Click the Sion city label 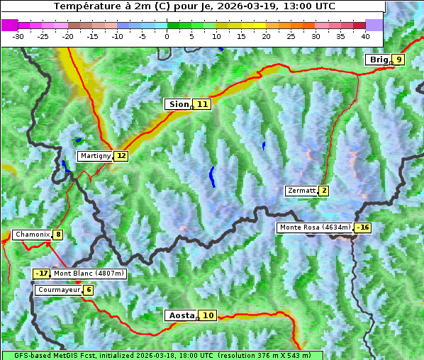[x=178, y=104]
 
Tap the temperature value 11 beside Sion [x=203, y=104]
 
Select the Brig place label [x=378, y=60]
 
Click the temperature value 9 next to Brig [x=398, y=60]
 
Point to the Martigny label [x=95, y=156]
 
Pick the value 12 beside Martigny [x=121, y=156]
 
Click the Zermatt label [x=301, y=191]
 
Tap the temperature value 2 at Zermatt [x=324, y=191]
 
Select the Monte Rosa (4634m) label [x=315, y=227]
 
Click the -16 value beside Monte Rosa [x=363, y=227]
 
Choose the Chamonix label [x=32, y=235]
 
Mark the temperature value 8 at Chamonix [x=57, y=235]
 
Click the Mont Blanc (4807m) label [x=89, y=274]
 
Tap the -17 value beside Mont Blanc [x=42, y=274]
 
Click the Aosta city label [x=180, y=315]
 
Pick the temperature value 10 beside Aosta [x=207, y=315]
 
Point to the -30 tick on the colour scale [x=18, y=35]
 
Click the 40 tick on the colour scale [x=365, y=35]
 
